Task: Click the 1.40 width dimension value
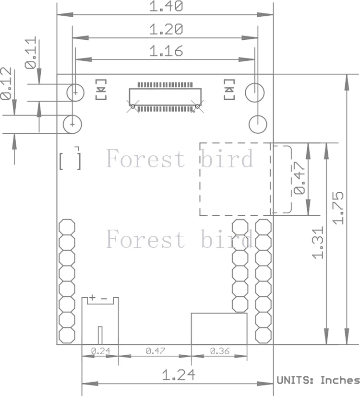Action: pyautogui.click(x=166, y=6)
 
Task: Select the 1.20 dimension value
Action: pyautogui.click(x=166, y=29)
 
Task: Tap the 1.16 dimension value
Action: pyautogui.click(x=166, y=51)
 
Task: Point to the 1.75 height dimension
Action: pyautogui.click(x=338, y=209)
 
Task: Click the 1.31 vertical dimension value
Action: pyautogui.click(x=318, y=243)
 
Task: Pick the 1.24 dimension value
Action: pyautogui.click(x=179, y=375)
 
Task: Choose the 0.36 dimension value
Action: pyautogui.click(x=220, y=351)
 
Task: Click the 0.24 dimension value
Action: pyautogui.click(x=101, y=351)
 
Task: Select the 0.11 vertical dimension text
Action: pyautogui.click(x=31, y=53)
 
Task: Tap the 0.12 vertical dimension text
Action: pyautogui.click(x=6, y=83)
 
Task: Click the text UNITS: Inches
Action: pyautogui.click(x=318, y=380)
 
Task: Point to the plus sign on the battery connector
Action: pyautogui.click(x=92, y=298)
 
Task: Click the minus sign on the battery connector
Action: pyautogui.click(x=104, y=299)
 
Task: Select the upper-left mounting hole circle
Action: pyautogui.click(x=75, y=93)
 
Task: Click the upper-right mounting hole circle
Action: pyautogui.click(x=255, y=93)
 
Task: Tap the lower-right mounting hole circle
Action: pyautogui.click(x=258, y=124)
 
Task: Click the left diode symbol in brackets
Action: pyautogui.click(x=101, y=89)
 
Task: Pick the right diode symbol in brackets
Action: pyautogui.click(x=229, y=89)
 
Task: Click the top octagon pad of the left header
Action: pyautogui.click(x=67, y=227)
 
